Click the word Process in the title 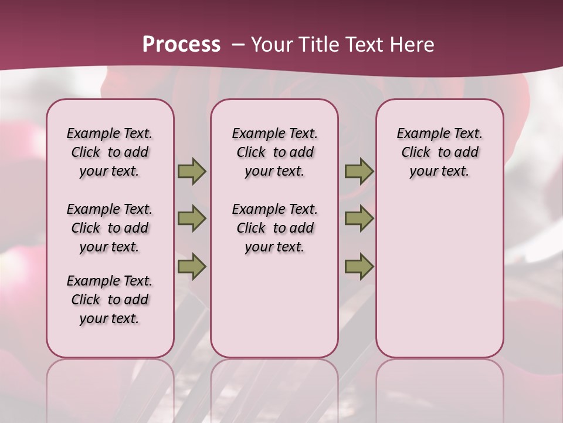pos(181,45)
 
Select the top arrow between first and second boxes pos(192,172)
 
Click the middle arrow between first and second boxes pos(192,219)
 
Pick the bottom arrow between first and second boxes pos(192,266)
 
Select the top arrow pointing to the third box pos(359,172)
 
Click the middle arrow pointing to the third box pos(359,219)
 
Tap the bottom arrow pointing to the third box pos(359,266)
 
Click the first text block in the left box pos(110,152)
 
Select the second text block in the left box pos(110,228)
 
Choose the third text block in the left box pos(110,300)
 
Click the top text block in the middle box pos(274,152)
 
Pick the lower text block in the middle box pos(274,228)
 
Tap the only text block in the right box pos(439,152)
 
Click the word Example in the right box pos(420,134)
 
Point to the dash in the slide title pos(238,45)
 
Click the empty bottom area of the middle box pos(274,311)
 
